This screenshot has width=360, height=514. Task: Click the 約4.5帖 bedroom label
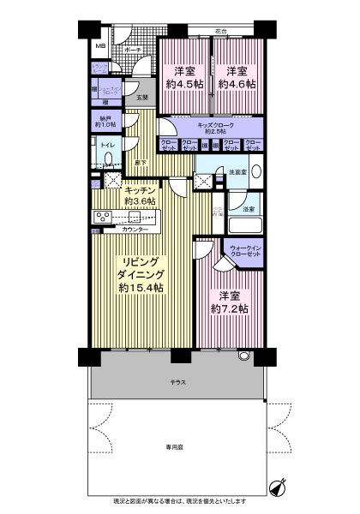click(x=182, y=77)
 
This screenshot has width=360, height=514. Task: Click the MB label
click(x=99, y=45)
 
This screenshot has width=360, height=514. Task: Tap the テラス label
click(x=178, y=380)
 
